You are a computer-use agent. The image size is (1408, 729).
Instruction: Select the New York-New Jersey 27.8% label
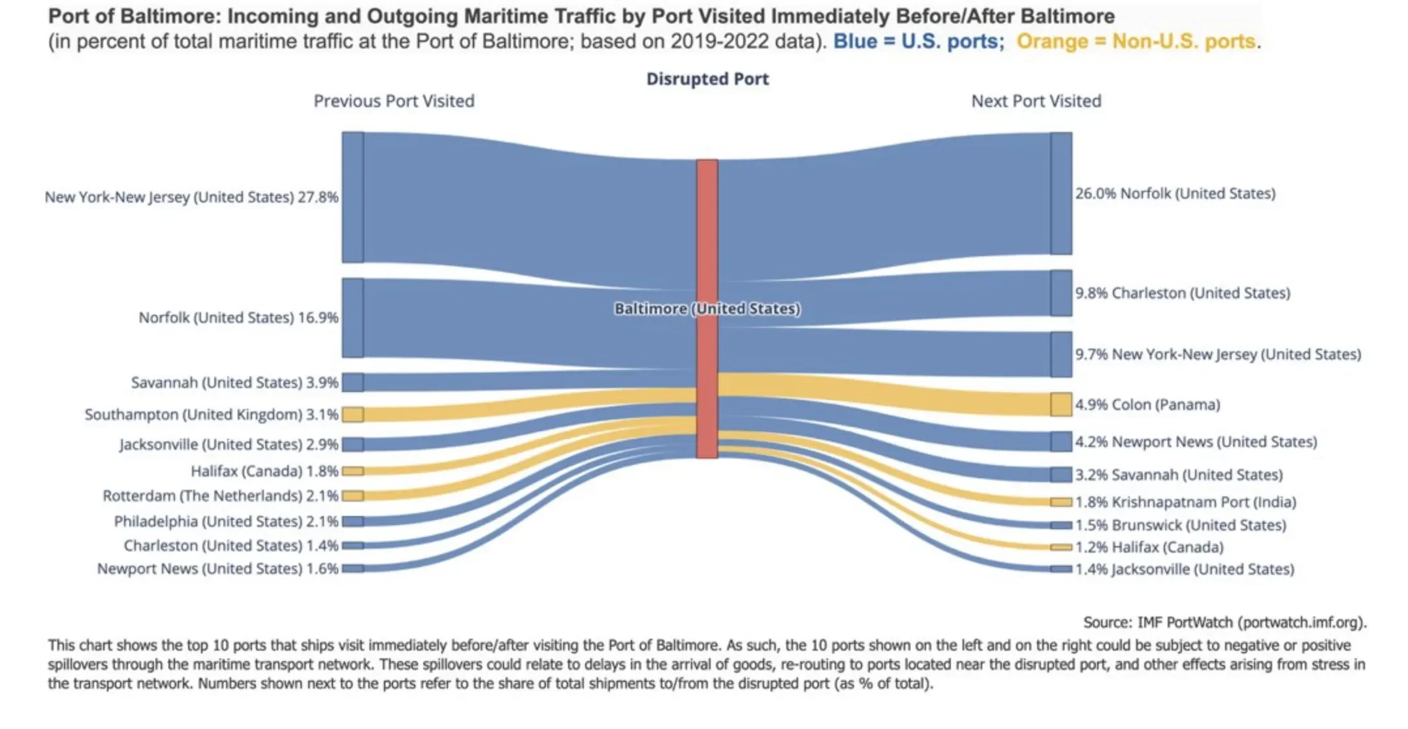pos(191,197)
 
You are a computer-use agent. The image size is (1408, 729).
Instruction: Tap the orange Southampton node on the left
pos(353,414)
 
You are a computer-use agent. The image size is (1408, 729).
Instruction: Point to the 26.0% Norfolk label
pos(1175,194)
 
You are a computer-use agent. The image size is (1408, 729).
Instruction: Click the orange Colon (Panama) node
pos(1061,404)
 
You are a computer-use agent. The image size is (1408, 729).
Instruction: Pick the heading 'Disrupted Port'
pos(707,79)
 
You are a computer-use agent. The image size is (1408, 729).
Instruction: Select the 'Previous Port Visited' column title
pos(394,101)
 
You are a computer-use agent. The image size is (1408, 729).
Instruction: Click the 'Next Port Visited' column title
pos(1036,101)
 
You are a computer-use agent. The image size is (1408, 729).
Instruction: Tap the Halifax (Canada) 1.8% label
pos(264,471)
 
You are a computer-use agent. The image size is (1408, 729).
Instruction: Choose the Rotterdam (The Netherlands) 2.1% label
pos(220,496)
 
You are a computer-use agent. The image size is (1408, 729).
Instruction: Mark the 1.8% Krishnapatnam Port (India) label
pos(1185,502)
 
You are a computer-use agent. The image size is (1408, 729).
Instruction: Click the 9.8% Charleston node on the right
pos(1061,293)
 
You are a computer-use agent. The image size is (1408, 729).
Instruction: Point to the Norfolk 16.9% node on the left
pos(353,318)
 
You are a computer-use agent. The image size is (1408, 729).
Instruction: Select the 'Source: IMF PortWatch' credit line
pos(1224,623)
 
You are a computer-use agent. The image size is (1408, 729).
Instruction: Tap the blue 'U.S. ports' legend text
pos(918,42)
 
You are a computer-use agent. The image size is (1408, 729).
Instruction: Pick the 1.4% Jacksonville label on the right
pos(1184,570)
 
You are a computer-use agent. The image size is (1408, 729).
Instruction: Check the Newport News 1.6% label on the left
pos(217,569)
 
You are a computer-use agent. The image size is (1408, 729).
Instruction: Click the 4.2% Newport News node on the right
pos(1061,442)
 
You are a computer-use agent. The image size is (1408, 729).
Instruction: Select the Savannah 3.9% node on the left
pos(353,382)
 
